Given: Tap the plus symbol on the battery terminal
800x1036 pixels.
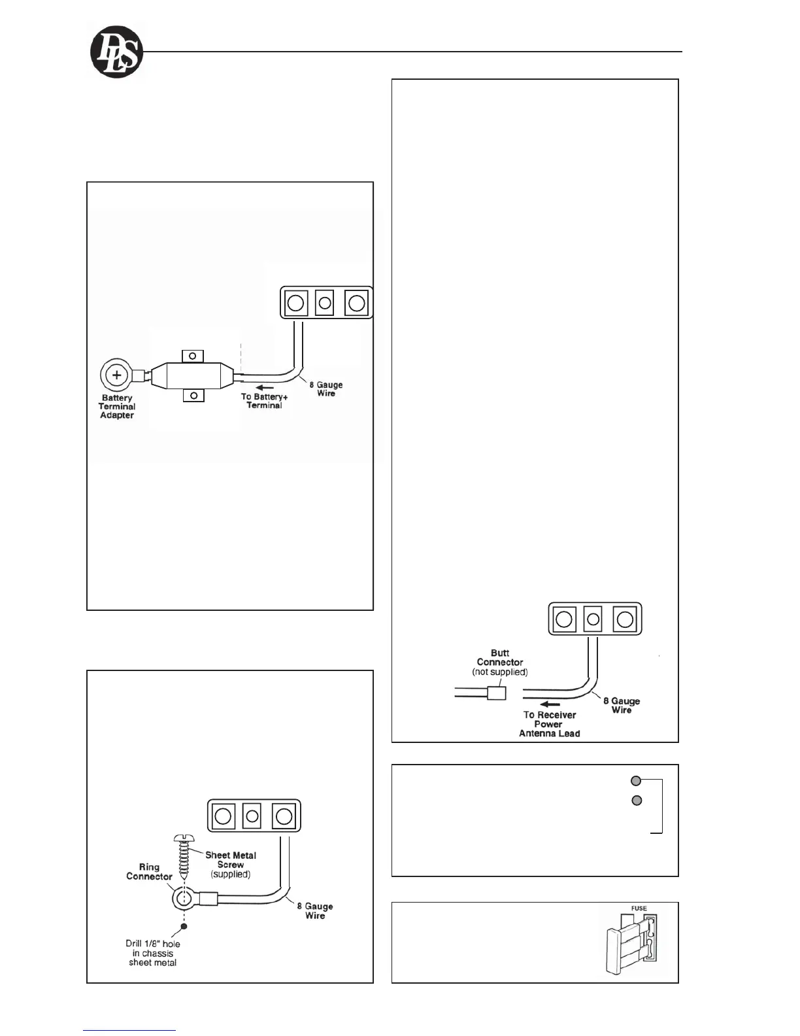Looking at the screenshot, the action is [116, 375].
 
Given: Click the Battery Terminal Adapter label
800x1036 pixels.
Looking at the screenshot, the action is [117, 407].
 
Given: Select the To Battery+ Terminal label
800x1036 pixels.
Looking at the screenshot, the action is [264, 401].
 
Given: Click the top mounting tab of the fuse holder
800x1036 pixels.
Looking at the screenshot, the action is [193, 356].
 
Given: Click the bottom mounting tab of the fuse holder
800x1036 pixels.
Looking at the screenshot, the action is [193, 396].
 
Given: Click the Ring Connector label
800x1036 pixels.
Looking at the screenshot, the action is [149, 872].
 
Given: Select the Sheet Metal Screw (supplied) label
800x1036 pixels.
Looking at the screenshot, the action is [231, 864].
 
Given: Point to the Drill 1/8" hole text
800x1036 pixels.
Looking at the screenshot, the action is [153, 953].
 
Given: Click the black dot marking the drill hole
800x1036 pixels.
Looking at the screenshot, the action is [184, 925].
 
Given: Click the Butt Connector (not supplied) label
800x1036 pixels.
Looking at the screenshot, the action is [500, 662].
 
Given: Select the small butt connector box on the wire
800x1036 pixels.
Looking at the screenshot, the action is [497, 692].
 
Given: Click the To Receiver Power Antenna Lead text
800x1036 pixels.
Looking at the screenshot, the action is [549, 724].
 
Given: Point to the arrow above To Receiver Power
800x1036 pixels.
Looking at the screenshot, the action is [548, 704].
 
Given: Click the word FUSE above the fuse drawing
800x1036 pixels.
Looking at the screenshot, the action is [639, 908].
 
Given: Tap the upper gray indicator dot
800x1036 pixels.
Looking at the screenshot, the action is [636, 780].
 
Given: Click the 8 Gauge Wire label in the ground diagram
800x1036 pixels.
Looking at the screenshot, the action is [315, 911].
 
